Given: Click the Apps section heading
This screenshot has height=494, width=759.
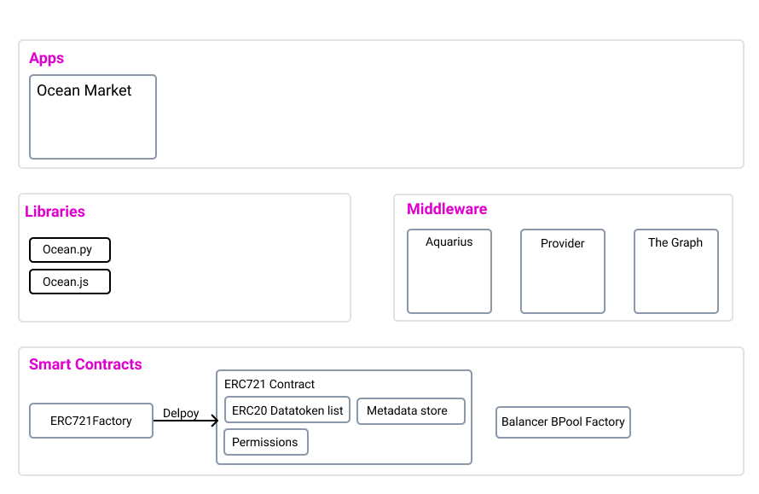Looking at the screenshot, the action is tap(46, 58).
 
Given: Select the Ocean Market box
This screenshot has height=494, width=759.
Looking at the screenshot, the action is tap(93, 117).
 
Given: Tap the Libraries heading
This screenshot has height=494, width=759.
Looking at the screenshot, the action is tap(55, 211).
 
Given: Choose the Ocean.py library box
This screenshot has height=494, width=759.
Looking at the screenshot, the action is tap(70, 250).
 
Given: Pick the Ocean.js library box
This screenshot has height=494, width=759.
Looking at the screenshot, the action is tap(70, 282).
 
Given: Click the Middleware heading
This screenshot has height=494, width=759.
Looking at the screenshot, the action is tap(447, 209).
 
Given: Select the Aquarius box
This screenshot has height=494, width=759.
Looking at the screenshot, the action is tap(449, 271).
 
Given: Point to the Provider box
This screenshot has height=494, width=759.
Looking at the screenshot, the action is tap(563, 271).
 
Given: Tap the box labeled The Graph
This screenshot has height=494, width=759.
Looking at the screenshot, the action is tap(675, 271).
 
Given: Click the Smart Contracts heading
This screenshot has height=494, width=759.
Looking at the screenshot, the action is tap(85, 364).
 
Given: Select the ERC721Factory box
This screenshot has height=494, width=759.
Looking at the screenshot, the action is tap(91, 421).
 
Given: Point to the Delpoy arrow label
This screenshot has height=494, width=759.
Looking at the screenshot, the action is tap(181, 413).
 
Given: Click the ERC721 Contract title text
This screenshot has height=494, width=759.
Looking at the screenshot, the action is tap(269, 384).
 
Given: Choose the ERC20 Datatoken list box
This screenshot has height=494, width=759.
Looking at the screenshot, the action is tap(287, 410).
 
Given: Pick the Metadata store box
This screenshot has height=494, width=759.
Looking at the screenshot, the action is tap(411, 410).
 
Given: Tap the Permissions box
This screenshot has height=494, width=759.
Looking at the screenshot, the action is tap(266, 442).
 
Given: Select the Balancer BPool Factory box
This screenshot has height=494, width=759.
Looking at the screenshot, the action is tap(563, 422).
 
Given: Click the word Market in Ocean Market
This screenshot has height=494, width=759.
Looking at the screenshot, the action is tap(108, 90).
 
